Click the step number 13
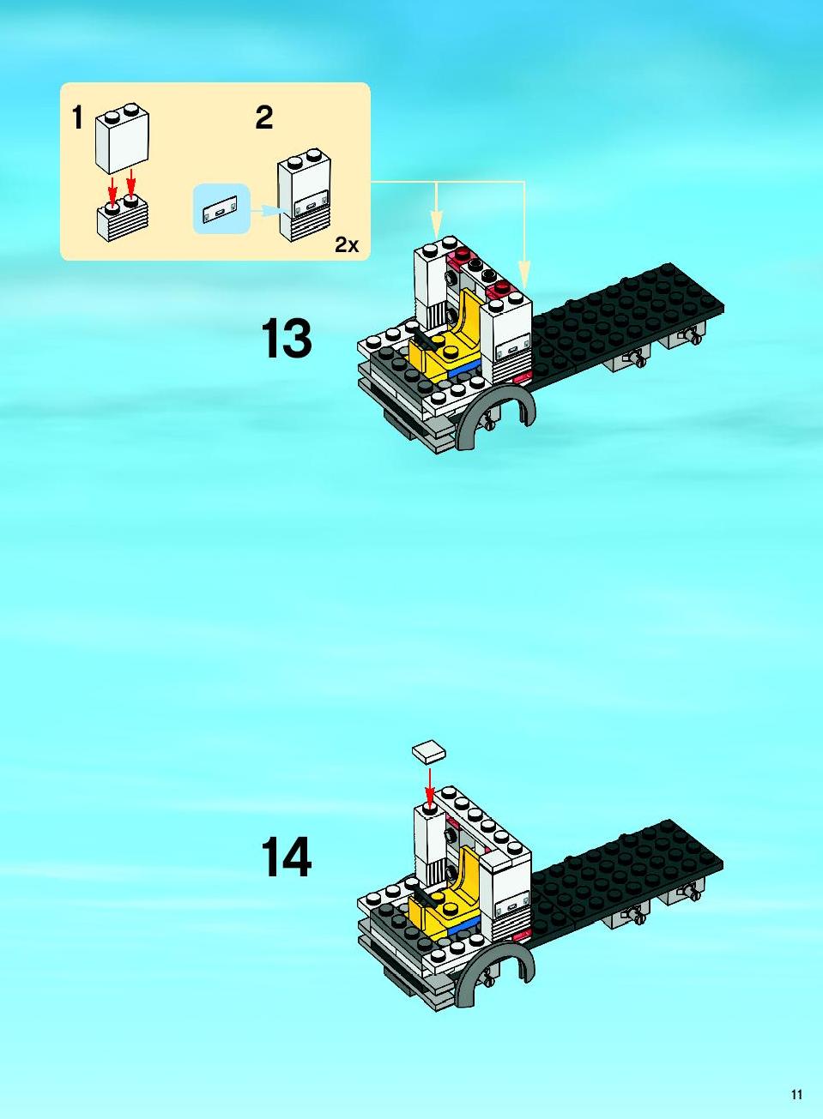[x=286, y=339]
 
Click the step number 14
[x=286, y=857]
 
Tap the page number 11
[x=796, y=1094]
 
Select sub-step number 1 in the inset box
[x=77, y=118]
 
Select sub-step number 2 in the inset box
[x=263, y=118]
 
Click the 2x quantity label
[x=347, y=244]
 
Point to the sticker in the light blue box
[x=221, y=209]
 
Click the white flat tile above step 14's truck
[x=429, y=752]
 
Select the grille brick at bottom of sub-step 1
[x=122, y=219]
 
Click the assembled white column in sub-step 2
[x=304, y=196]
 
